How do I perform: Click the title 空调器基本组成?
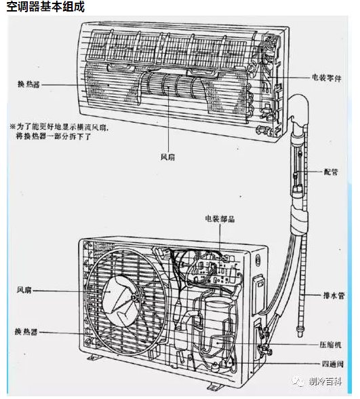(45, 6)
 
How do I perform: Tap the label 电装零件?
(327, 78)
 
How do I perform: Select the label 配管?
(331, 172)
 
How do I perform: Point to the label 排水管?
(334, 295)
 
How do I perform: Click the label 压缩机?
(330, 345)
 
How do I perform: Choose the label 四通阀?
(332, 364)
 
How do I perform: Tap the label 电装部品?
(220, 218)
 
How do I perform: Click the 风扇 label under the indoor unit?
(168, 157)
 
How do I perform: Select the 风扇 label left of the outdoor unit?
(24, 290)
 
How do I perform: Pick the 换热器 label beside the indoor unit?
(28, 84)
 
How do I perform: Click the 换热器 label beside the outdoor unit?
(26, 332)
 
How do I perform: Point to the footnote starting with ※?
(59, 132)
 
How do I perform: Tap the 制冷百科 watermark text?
(325, 381)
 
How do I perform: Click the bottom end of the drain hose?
(300, 333)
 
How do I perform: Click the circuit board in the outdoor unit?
(216, 270)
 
